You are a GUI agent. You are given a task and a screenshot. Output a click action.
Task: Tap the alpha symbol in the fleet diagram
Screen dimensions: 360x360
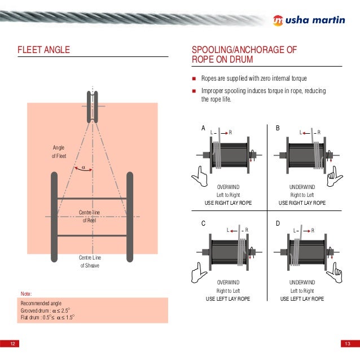[83, 168]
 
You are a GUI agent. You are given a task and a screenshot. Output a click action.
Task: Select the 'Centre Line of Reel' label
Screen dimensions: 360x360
[91, 216]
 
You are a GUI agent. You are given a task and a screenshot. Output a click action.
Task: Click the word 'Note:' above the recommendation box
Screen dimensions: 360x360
[27, 293]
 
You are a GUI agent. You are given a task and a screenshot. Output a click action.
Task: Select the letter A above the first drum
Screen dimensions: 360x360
[204, 129]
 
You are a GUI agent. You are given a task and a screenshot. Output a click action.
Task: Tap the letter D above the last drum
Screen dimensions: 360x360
[278, 224]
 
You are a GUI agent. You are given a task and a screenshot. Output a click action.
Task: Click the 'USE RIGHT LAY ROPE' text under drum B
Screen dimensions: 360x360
[302, 202]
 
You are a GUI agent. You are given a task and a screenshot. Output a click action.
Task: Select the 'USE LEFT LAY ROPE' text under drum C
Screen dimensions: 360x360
[228, 298]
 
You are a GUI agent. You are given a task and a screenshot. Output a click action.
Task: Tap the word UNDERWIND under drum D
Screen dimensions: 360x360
[302, 282]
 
